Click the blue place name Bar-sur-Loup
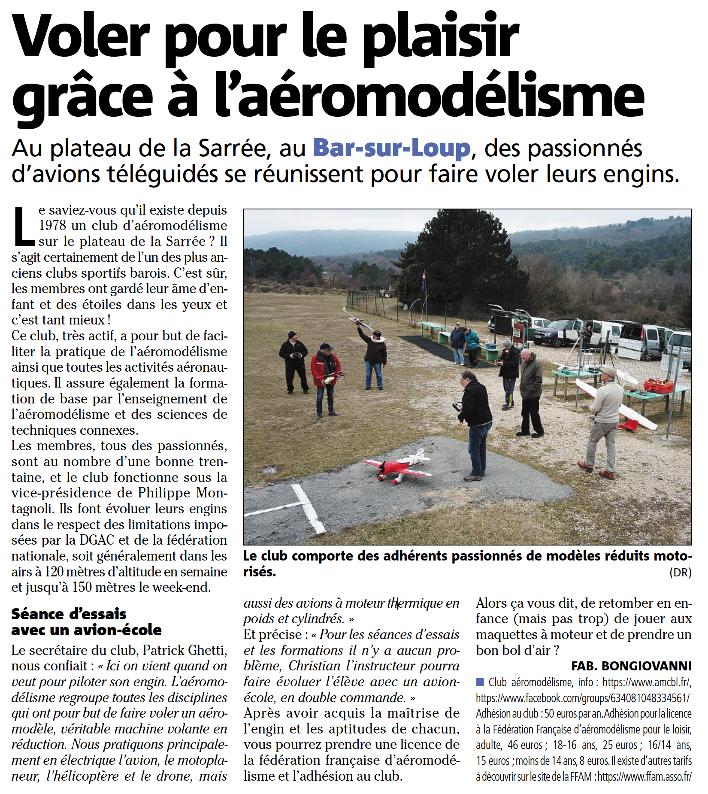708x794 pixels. coord(392,148)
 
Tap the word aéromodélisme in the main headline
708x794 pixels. coord(429,96)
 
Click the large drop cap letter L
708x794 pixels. coord(24,226)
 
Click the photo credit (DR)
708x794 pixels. coord(680,573)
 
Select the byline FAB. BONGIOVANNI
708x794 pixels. coord(631,666)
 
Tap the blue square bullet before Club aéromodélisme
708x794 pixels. coord(480,682)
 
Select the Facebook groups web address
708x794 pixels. coord(582,698)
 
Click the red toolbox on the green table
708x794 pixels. coord(659,386)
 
